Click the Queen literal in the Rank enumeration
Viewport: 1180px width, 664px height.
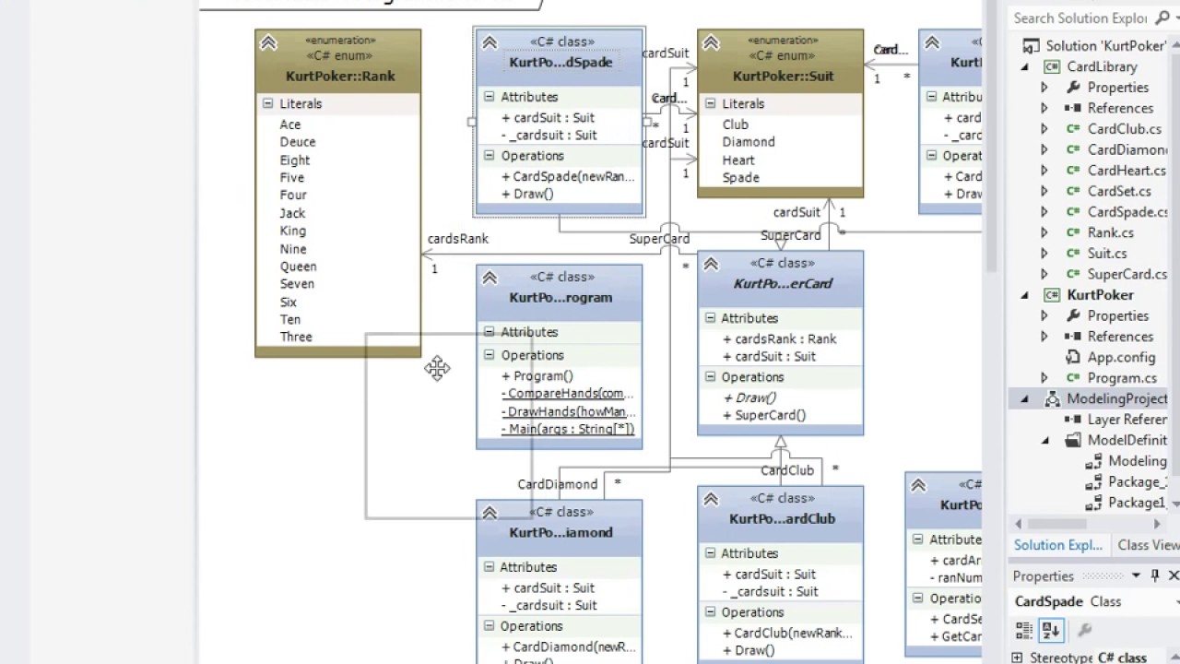coord(298,267)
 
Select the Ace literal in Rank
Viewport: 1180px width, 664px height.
coord(290,125)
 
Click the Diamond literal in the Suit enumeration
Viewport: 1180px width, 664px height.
coord(748,142)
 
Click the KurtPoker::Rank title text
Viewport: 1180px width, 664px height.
coord(340,77)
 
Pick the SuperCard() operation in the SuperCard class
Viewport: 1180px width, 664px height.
coord(770,415)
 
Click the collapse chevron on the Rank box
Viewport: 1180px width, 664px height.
coord(268,42)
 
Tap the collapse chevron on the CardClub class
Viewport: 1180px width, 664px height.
coord(711,500)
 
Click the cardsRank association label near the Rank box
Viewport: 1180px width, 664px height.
coord(458,239)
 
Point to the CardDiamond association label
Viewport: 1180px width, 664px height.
coord(558,484)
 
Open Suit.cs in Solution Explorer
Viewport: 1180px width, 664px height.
coord(1107,254)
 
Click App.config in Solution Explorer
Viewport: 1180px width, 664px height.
coord(1121,357)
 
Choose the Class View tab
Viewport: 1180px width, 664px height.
coord(1148,545)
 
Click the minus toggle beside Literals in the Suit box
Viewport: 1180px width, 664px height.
coord(710,104)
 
